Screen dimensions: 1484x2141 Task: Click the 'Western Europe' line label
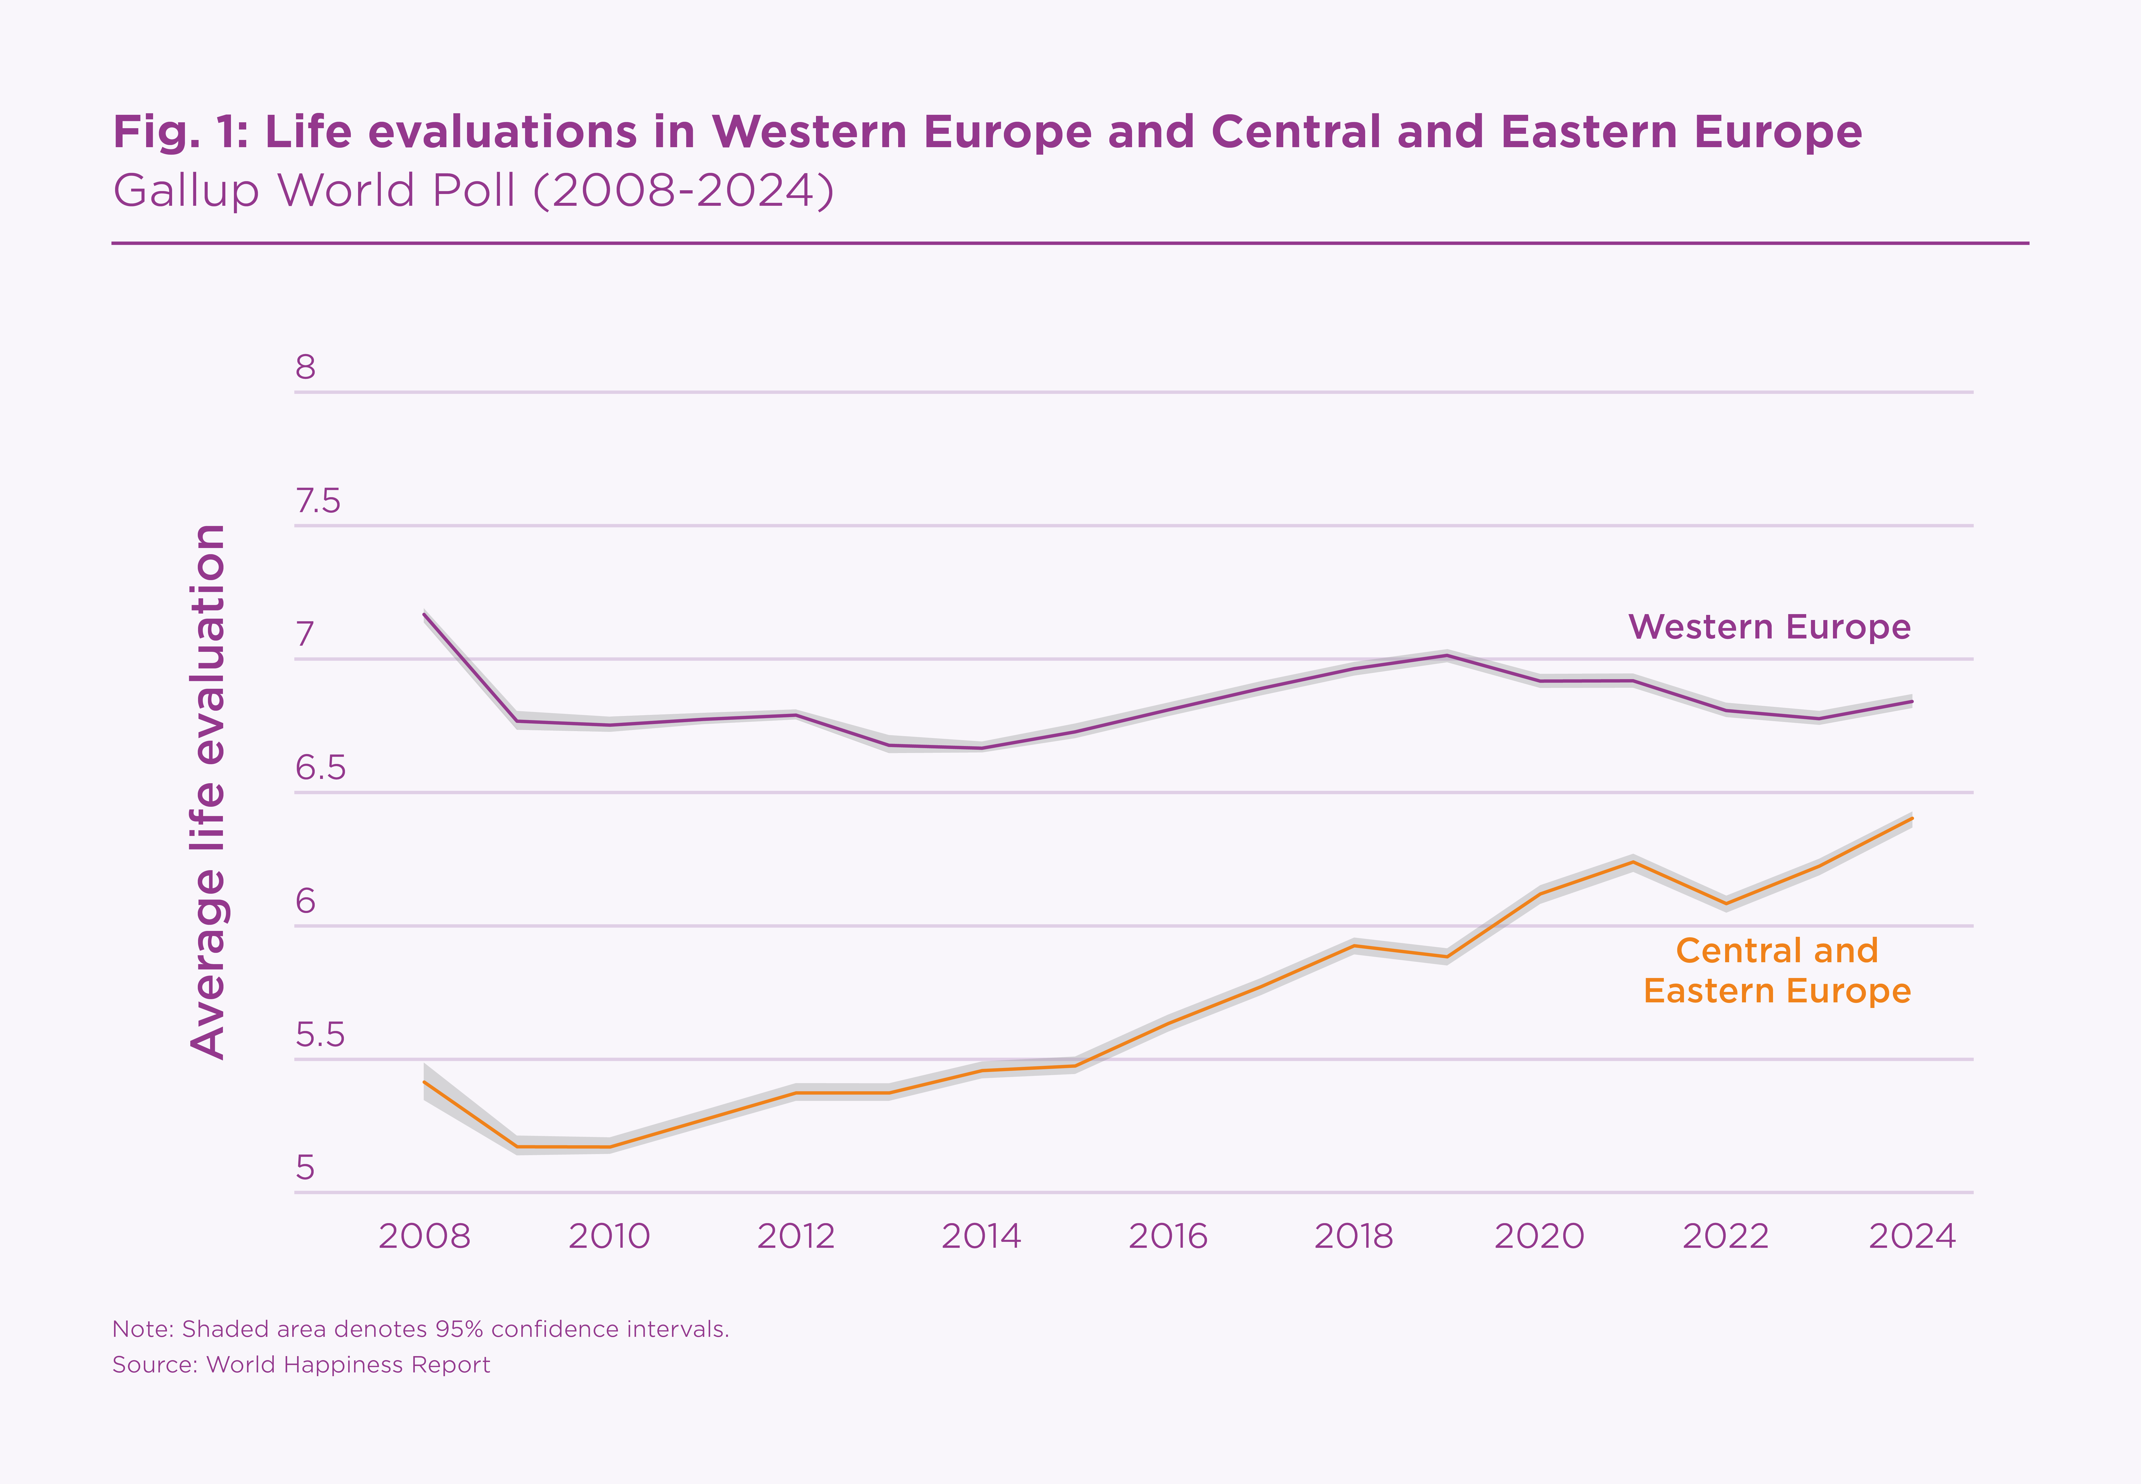[x=1769, y=627]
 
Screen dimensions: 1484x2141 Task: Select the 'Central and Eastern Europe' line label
[x=1776, y=971]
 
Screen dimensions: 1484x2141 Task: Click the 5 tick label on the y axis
[x=306, y=1168]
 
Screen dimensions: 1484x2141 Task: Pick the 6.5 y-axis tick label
[x=320, y=768]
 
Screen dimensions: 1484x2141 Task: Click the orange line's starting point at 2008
[x=424, y=1082]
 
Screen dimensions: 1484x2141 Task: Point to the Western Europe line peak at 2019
[x=1447, y=656]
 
